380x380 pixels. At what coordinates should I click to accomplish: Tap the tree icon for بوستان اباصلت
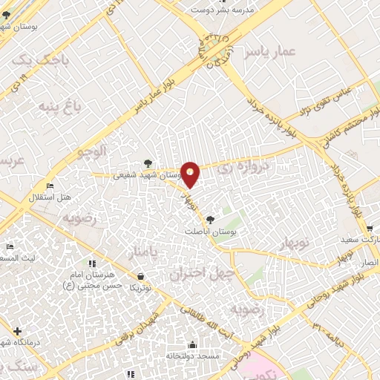(x=211, y=219)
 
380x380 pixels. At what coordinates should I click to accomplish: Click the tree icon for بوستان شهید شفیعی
(x=147, y=163)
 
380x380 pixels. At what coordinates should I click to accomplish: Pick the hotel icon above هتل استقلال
(x=49, y=185)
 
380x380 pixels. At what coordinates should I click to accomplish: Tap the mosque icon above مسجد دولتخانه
(x=193, y=345)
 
